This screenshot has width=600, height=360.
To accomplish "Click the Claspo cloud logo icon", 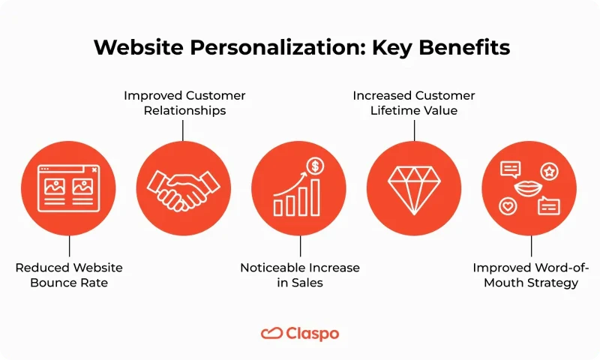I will click(x=271, y=333).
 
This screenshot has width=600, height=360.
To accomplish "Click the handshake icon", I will click(x=183, y=188).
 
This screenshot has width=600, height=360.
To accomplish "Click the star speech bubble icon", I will click(x=550, y=172).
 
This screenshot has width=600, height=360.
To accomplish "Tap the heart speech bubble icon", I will click(x=508, y=205).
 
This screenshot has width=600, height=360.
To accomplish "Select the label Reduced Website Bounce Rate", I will click(x=69, y=275).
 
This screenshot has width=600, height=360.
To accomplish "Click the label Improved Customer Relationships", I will click(x=184, y=103).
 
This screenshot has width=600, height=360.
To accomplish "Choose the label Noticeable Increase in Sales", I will click(x=300, y=275).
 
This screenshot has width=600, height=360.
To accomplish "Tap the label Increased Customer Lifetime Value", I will click(x=414, y=103).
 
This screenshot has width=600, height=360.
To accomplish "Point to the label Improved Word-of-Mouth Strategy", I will click(x=531, y=275).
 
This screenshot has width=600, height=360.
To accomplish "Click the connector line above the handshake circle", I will click(x=184, y=130).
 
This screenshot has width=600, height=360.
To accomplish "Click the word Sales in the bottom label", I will click(x=309, y=283).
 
